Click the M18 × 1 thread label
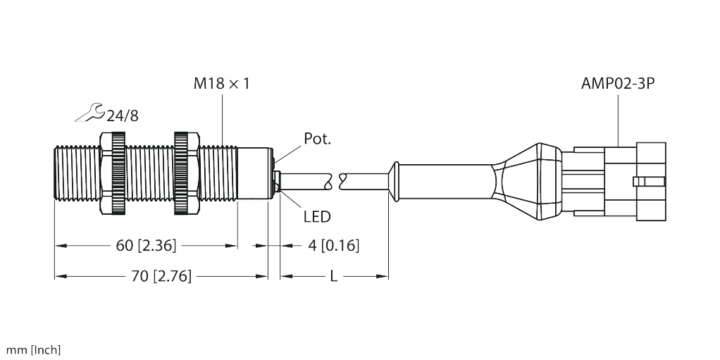(221, 84)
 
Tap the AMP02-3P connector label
(618, 84)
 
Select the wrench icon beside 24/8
(90, 113)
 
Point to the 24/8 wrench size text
(123, 116)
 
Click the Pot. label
(317, 139)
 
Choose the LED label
(317, 216)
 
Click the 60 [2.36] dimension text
(146, 246)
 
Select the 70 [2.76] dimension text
(161, 276)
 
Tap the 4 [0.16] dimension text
(333, 246)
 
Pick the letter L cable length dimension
(334, 276)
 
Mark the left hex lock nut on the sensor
(113, 173)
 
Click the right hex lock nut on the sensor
(187, 173)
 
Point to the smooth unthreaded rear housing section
(252, 173)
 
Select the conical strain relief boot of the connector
(526, 180)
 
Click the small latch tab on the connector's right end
(649, 181)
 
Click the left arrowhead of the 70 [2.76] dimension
(61, 276)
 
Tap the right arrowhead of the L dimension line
(383, 276)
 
